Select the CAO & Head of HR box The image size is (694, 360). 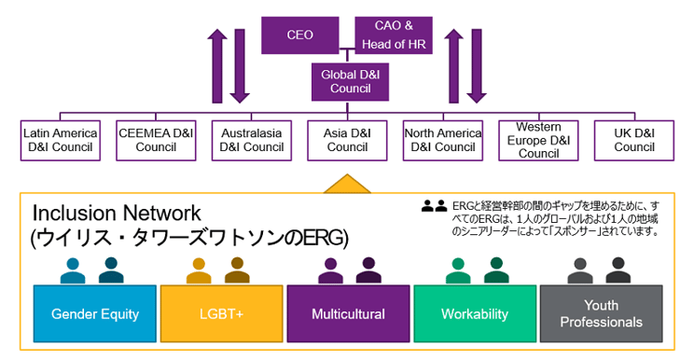click(394, 35)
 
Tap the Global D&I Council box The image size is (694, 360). click(350, 81)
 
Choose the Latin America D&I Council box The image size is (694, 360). click(61, 140)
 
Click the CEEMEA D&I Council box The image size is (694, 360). click(156, 140)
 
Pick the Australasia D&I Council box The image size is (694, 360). click(251, 140)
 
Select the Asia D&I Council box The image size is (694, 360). click(347, 140)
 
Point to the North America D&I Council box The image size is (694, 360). click(443, 140)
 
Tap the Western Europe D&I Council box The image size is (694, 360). click(538, 140)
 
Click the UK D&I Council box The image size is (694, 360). click(634, 140)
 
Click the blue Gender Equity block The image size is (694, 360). click(95, 314)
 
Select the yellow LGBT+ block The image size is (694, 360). click(221, 314)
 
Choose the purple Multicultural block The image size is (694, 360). click(348, 314)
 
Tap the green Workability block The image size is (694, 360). click(475, 314)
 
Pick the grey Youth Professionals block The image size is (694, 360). click(601, 314)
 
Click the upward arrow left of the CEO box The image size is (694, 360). click(217, 65)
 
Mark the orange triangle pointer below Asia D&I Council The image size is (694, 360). click(347, 183)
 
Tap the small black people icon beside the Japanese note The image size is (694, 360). click(434, 207)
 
